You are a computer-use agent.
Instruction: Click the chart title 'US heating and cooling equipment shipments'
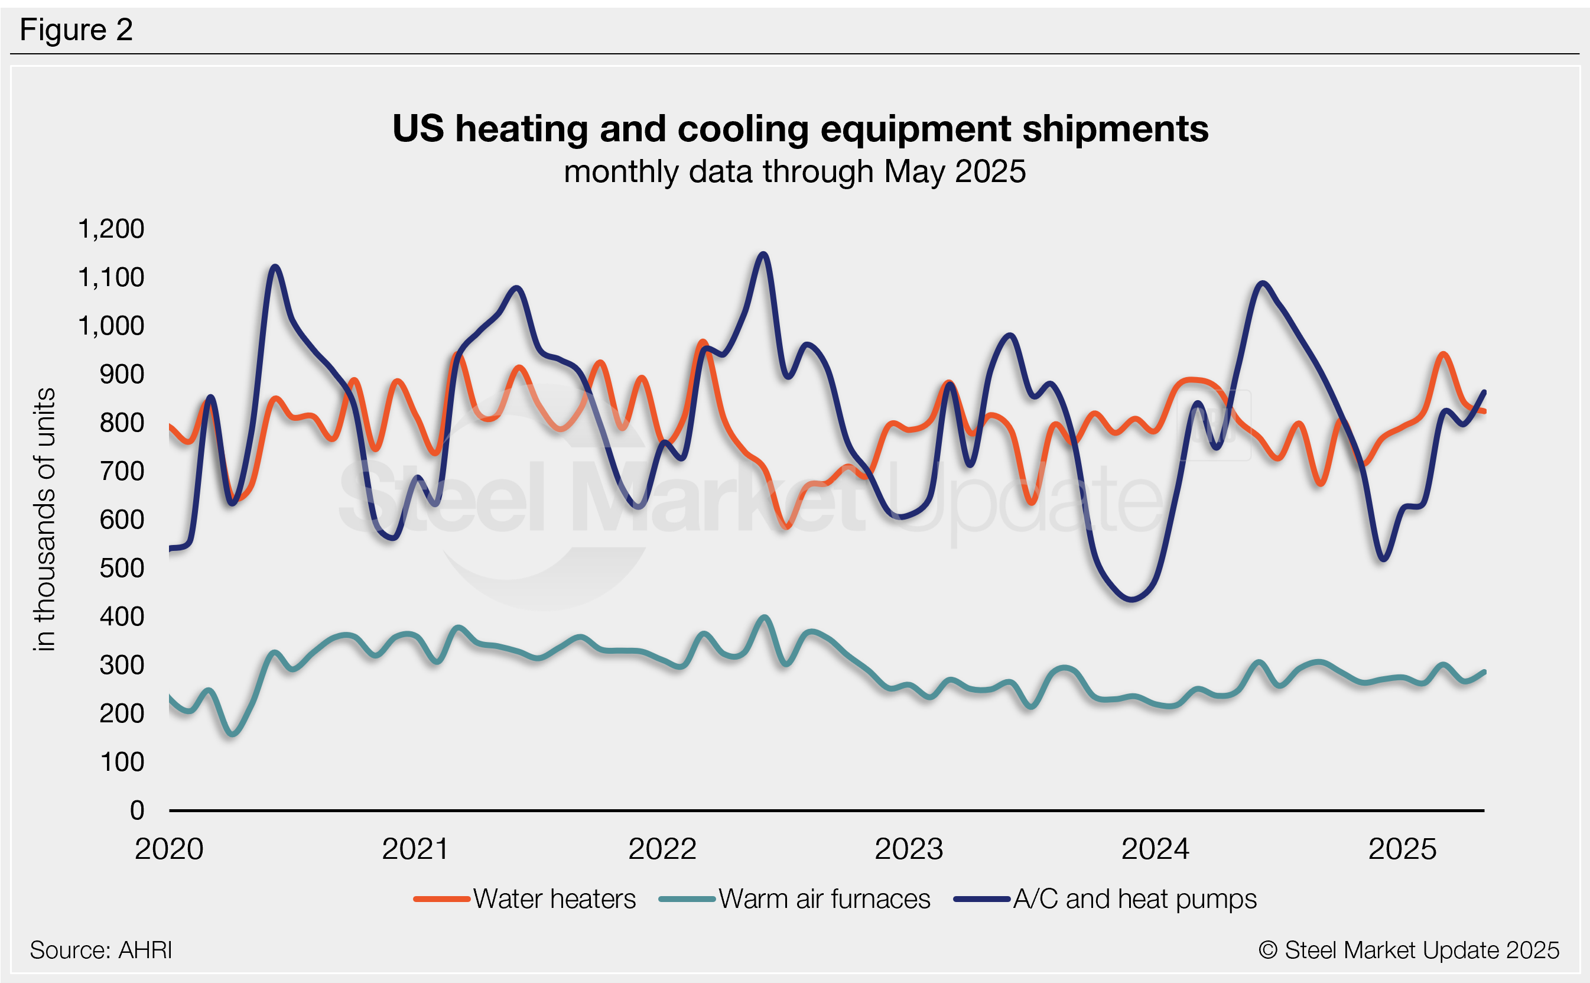tap(800, 129)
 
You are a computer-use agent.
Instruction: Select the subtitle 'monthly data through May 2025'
tap(795, 172)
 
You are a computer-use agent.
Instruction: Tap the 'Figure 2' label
tap(76, 30)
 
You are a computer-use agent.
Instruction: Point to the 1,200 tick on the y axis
tap(111, 229)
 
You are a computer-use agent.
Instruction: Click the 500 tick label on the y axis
tap(122, 568)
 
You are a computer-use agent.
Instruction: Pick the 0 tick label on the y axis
tap(137, 811)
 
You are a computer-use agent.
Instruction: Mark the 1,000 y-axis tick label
tap(111, 326)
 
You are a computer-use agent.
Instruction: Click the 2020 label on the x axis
tap(169, 849)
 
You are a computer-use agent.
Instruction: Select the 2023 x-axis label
tap(908, 849)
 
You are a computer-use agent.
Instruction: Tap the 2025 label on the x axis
tap(1402, 849)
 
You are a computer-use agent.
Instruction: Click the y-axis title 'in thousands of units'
tap(45, 520)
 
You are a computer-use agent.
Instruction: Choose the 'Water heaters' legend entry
tap(554, 899)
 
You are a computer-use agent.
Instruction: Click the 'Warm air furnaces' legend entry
tap(824, 899)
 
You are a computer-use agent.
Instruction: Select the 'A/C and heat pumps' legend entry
tap(1134, 899)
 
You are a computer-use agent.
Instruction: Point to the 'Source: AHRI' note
tap(100, 950)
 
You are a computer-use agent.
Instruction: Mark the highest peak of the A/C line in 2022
tap(763, 254)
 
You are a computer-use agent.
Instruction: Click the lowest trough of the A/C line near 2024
tap(1131, 599)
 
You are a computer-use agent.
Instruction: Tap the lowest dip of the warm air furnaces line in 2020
tap(233, 735)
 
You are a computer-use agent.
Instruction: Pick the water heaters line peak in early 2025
tap(1443, 354)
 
